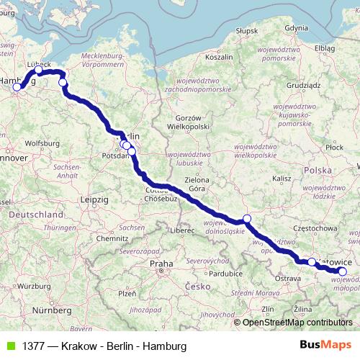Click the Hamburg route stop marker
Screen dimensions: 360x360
17,87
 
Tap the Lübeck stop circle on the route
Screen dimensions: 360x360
39,71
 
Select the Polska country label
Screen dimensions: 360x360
318,170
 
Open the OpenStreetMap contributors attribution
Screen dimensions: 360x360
297,323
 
